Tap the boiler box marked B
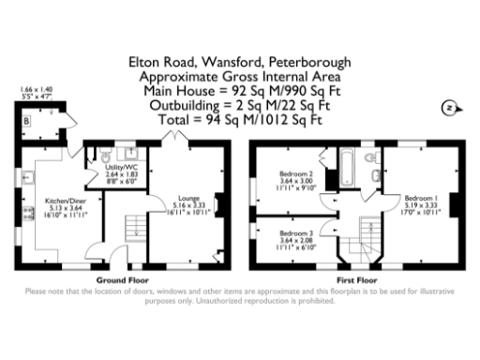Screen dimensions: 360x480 [27, 122]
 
